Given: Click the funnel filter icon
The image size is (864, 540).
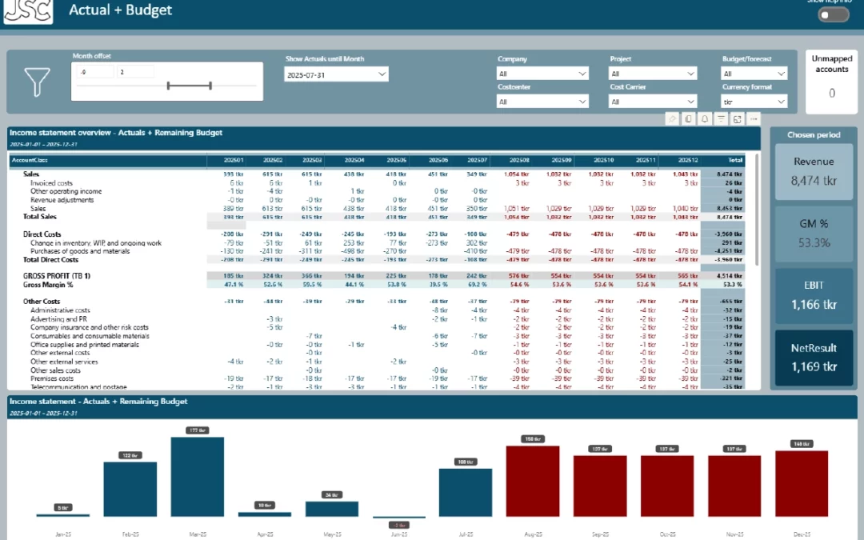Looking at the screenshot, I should pos(37,82).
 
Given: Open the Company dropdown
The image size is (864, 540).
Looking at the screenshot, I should pos(542,74).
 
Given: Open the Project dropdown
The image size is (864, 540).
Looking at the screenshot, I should pos(653,74).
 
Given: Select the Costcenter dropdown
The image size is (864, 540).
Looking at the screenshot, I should pos(542,102).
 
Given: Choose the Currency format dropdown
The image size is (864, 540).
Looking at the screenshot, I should pos(754,102).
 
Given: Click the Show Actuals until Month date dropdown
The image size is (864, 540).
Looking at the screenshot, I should pos(336,74).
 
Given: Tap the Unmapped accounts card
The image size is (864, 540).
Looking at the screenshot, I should pos(831,81).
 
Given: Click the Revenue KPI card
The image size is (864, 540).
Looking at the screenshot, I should pos(814,171).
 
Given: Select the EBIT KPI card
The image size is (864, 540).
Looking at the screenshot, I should pos(814,296).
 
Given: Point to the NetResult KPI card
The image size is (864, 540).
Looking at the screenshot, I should pos(814,358).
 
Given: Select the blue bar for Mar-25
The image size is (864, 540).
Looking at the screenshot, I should pos(197,477).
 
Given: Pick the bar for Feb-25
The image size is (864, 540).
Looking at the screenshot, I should pos(130,489).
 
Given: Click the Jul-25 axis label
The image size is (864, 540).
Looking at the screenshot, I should pos(465,534).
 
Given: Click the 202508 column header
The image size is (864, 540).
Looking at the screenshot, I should pos(519,160).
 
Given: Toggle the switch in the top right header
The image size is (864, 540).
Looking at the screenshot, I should pos(833,14).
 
